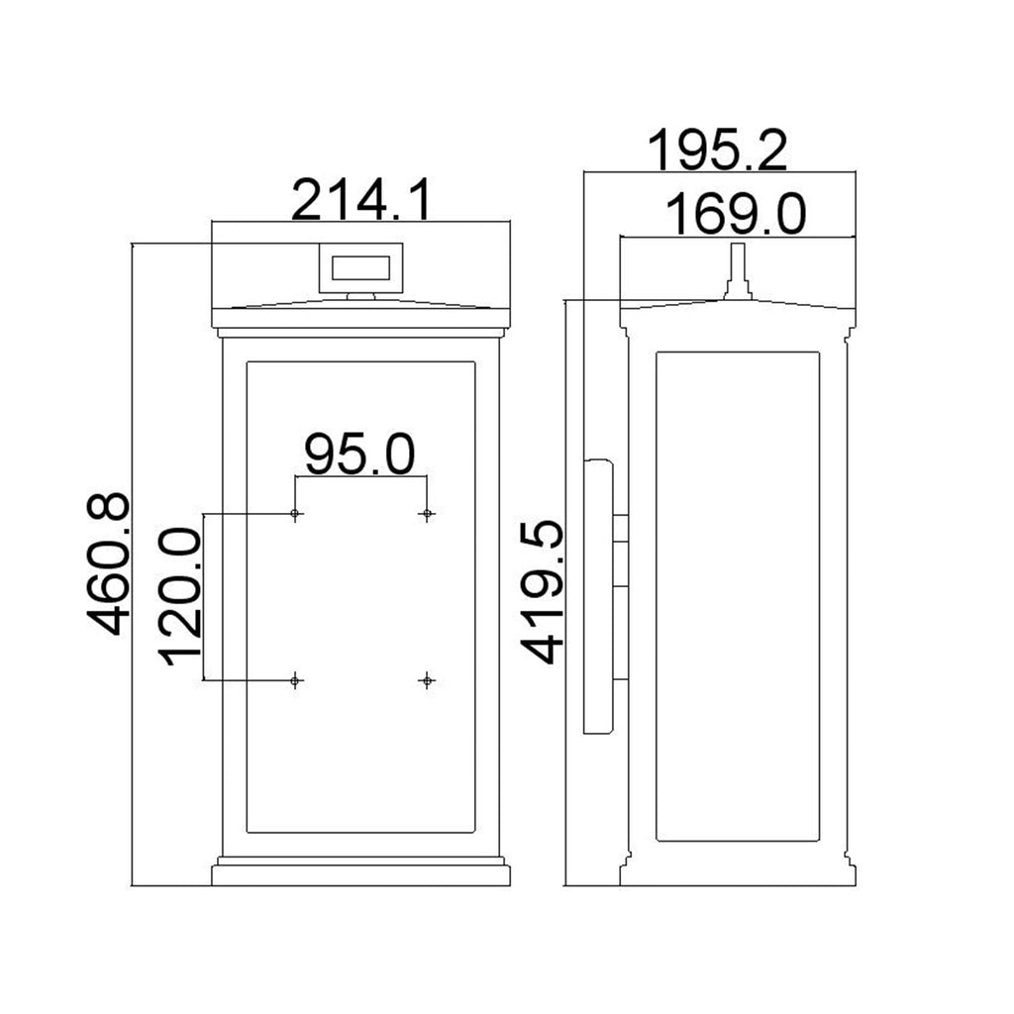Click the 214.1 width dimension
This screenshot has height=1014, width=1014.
(x=360, y=200)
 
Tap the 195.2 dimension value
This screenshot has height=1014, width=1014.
(x=717, y=151)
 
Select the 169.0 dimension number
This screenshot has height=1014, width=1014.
(x=736, y=214)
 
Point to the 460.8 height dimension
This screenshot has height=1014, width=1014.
(x=109, y=563)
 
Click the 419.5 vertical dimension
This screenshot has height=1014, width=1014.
(x=542, y=592)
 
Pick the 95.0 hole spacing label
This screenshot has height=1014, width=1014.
(x=359, y=455)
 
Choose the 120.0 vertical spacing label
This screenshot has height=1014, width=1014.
(x=180, y=596)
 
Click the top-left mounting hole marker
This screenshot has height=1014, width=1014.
(x=295, y=514)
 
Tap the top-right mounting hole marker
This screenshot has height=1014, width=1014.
(x=427, y=514)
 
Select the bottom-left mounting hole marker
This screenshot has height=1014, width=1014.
(x=295, y=680)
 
